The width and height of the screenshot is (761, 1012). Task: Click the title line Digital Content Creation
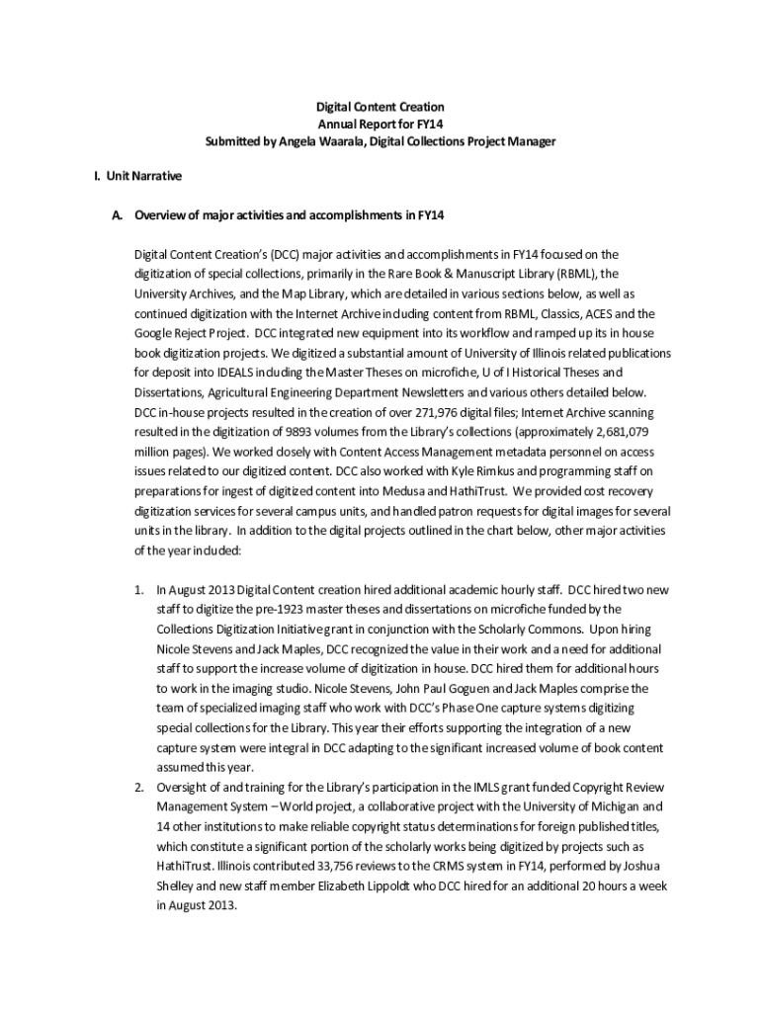coord(380,106)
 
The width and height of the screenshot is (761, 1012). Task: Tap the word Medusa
coord(421,492)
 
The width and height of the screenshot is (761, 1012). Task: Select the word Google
coord(154,334)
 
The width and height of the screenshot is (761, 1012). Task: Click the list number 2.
coord(139,787)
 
